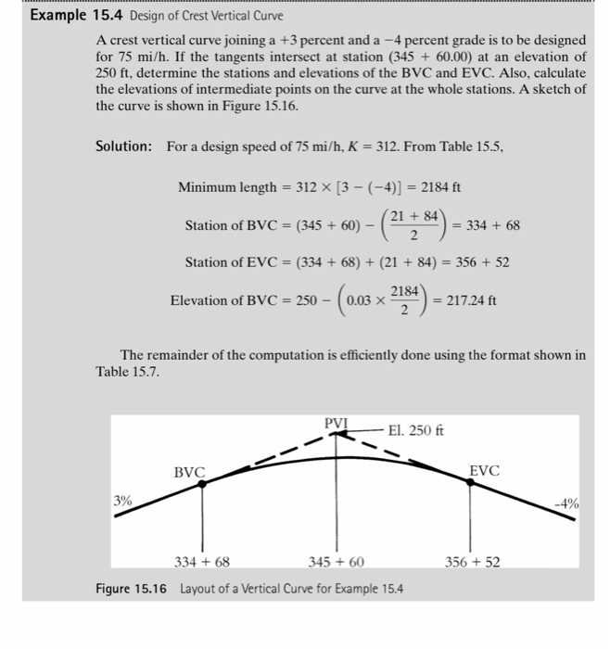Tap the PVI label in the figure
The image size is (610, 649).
[335, 424]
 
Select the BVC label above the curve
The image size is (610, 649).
[189, 472]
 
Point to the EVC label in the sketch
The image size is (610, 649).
[484, 471]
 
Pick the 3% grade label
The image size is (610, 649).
[122, 501]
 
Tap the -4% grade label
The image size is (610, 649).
[567, 504]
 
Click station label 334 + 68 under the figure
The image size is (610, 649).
[201, 562]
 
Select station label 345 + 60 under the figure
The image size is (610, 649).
[336, 562]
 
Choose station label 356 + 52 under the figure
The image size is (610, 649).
[471, 562]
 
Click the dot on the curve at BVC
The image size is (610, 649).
[203, 482]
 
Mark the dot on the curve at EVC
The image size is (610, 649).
[470, 482]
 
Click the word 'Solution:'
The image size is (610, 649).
[124, 146]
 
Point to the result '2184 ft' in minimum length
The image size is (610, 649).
[438, 186]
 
